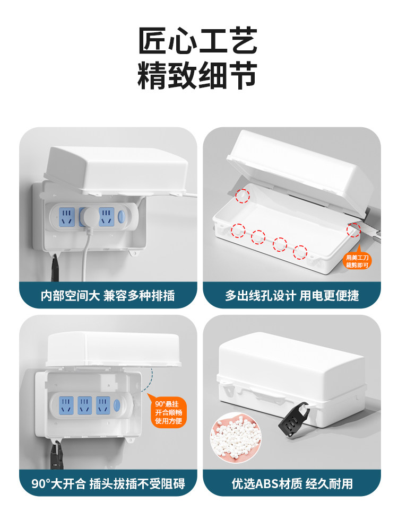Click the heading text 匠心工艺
click(x=198, y=41)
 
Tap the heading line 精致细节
click(x=198, y=76)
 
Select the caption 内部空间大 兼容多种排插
click(x=108, y=295)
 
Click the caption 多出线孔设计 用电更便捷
click(x=291, y=295)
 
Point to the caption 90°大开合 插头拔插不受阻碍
click(x=108, y=483)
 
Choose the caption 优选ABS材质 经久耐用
click(x=291, y=483)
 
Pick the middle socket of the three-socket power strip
click(x=83, y=405)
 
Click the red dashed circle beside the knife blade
click(x=353, y=230)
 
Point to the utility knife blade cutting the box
click(x=373, y=231)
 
